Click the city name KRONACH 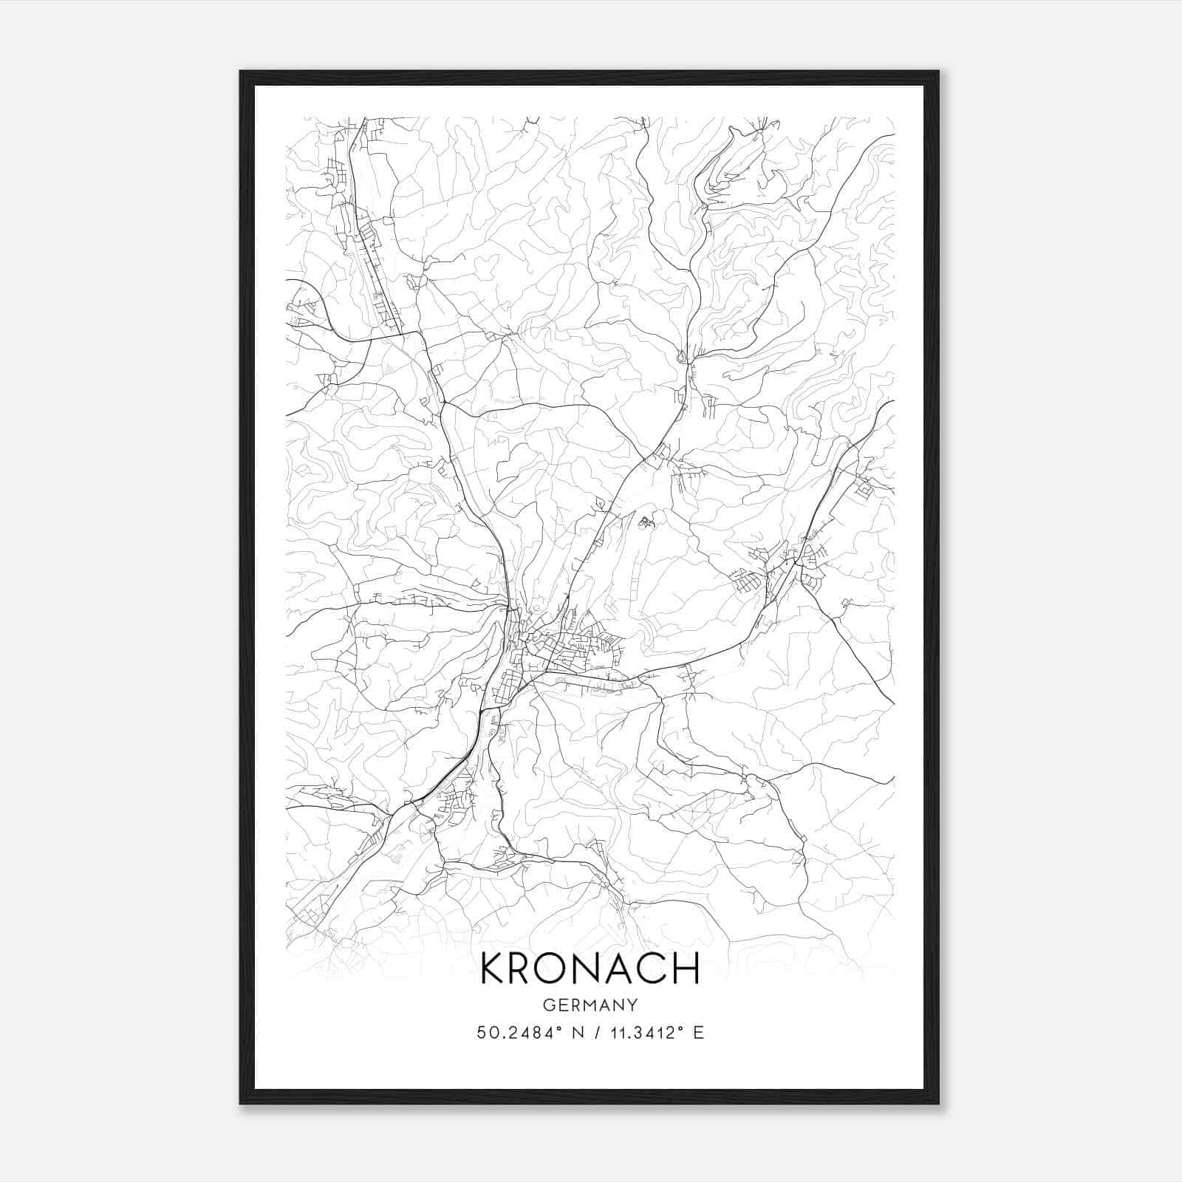click(x=590, y=969)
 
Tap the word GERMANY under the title click(x=590, y=1005)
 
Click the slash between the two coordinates click(x=591, y=1033)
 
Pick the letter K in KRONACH click(x=493, y=969)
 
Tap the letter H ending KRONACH click(x=686, y=969)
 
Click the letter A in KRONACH click(x=621, y=969)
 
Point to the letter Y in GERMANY click(x=632, y=1005)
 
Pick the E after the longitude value click(x=698, y=1033)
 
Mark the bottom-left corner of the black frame click(x=241, y=1103)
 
